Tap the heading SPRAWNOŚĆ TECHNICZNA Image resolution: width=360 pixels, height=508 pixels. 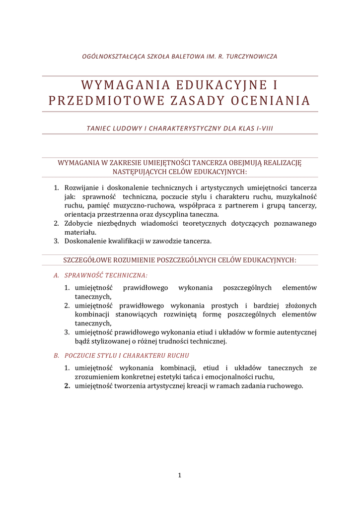(x=106, y=275)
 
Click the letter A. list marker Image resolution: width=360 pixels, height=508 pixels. (x=56, y=275)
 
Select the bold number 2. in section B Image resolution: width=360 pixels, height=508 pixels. (x=67, y=386)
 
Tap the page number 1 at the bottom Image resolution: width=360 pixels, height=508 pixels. (x=180, y=476)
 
